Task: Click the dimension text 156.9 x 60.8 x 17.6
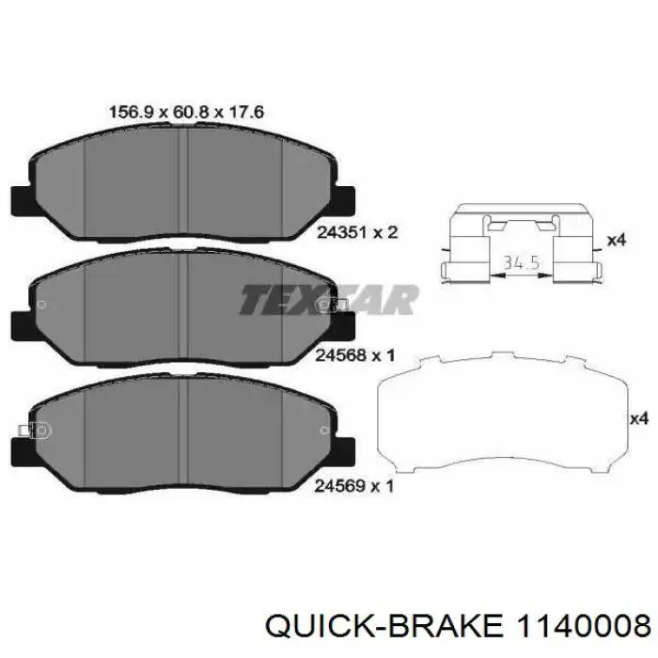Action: click(186, 112)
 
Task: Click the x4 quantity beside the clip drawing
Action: click(616, 241)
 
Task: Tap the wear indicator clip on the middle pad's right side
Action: click(337, 305)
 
